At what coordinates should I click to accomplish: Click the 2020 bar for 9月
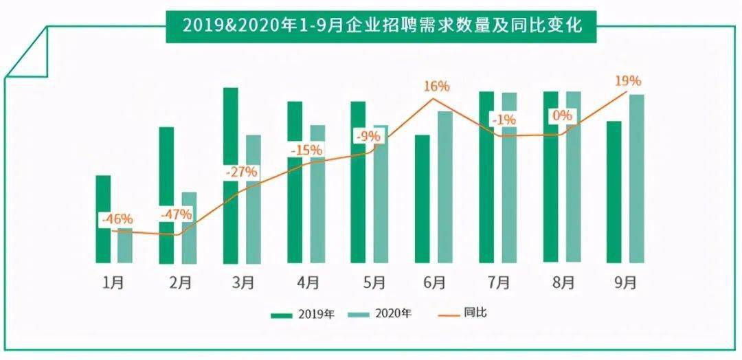coord(637,179)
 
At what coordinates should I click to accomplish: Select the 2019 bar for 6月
coord(422,199)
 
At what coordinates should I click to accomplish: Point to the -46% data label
coord(116,220)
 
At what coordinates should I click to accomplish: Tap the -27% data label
coord(240,172)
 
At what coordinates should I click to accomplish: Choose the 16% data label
coord(436,87)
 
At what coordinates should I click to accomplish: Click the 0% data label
coord(562,115)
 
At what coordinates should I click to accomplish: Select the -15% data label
coord(306,149)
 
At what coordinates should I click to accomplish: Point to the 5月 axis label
coord(371,282)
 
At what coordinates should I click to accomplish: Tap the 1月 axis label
coord(113,282)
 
